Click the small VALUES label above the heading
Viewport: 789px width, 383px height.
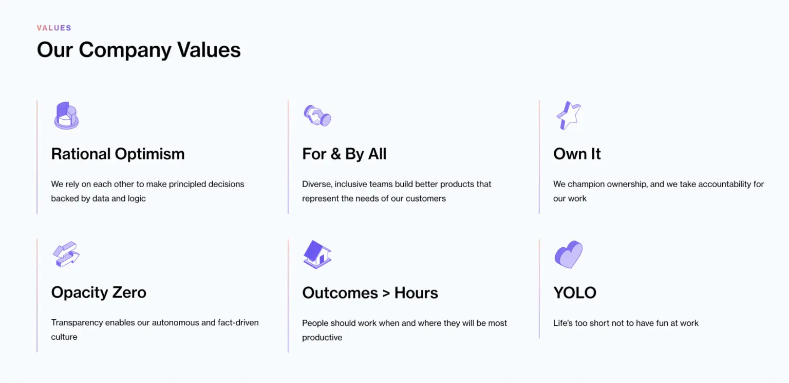(54, 28)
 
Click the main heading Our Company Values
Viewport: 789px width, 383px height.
(139, 50)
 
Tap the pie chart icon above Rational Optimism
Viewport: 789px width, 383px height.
(66, 116)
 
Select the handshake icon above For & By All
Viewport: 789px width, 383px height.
(317, 116)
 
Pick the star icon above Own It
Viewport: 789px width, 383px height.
(569, 116)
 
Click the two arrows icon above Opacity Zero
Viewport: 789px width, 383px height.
(66, 254)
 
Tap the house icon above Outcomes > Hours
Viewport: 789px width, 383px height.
(317, 254)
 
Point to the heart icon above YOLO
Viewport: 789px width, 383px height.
(569, 254)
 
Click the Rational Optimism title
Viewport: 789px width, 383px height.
(118, 154)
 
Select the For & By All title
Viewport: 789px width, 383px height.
(344, 154)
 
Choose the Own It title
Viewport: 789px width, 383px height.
(577, 154)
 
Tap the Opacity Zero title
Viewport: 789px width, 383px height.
(99, 293)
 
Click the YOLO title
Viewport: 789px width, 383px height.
(575, 293)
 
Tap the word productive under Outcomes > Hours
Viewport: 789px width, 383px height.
(322, 338)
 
